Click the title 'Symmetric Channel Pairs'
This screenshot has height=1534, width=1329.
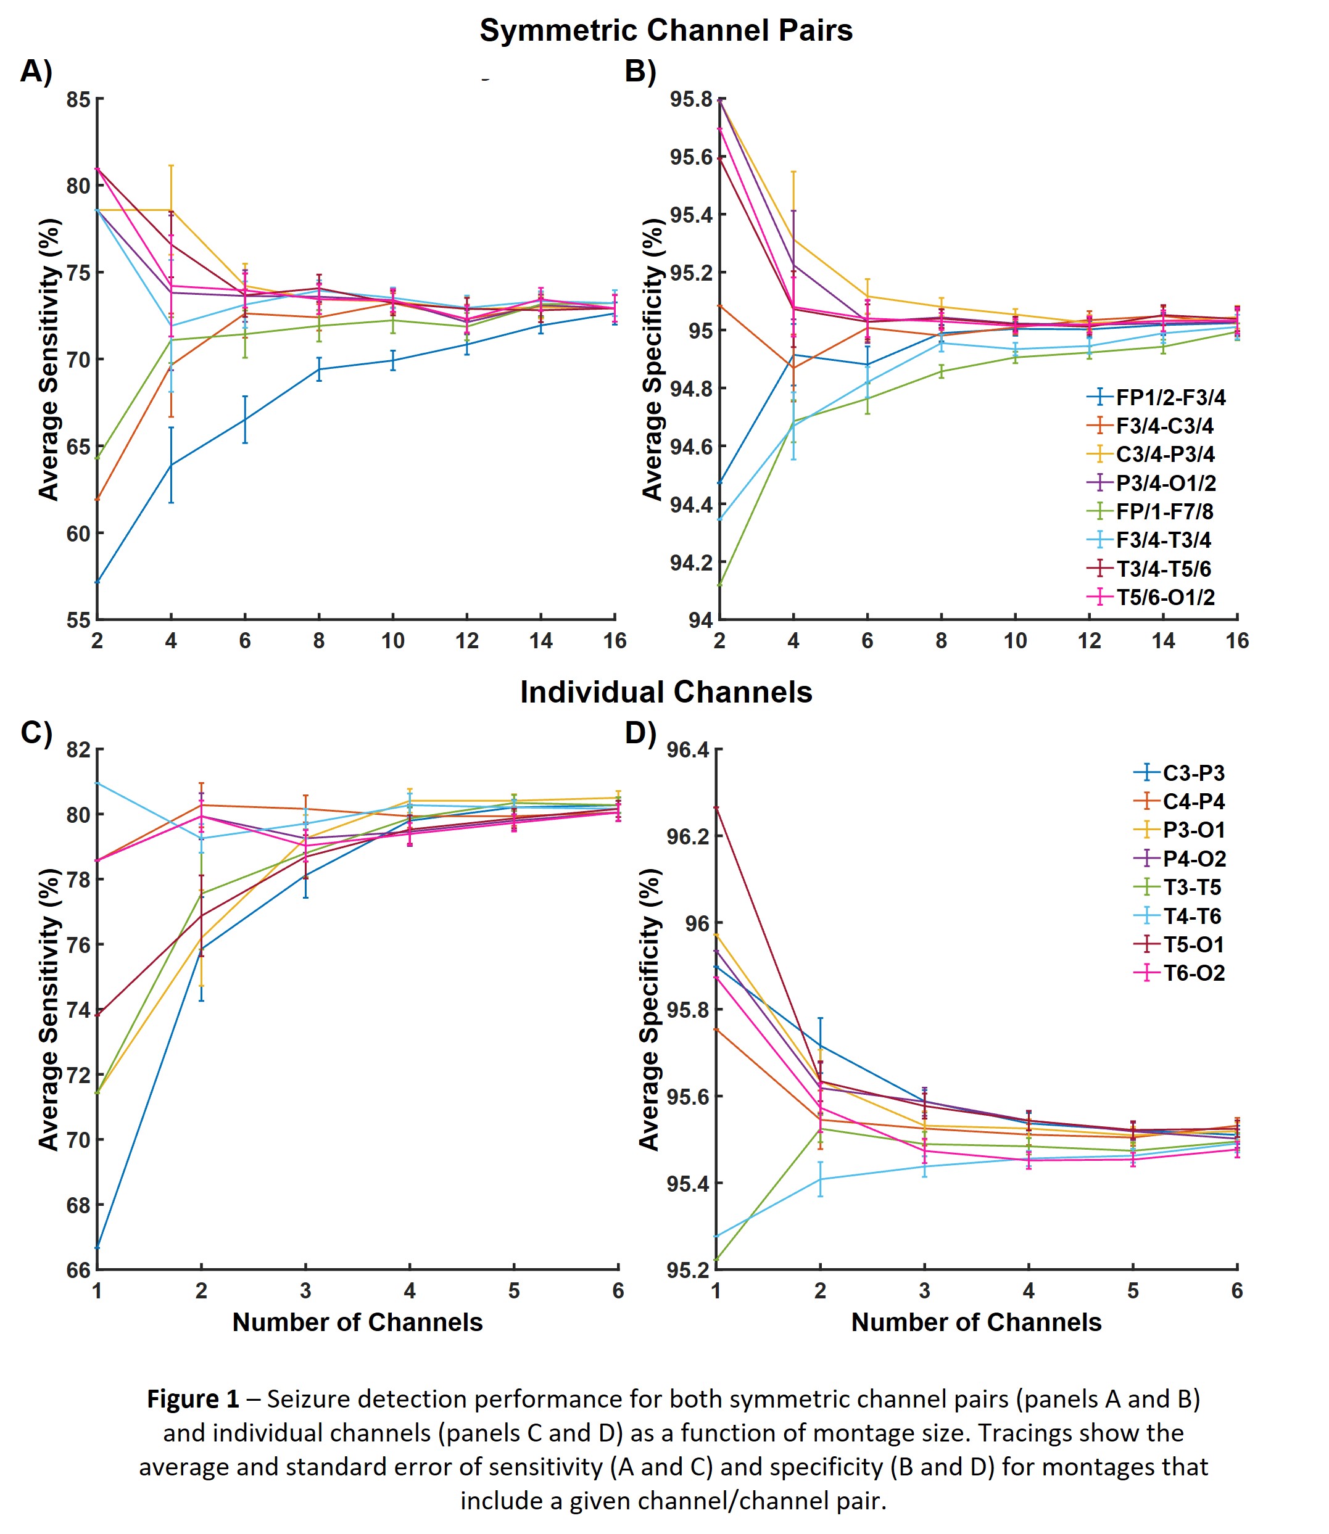coord(665,30)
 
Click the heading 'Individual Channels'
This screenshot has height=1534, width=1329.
coord(665,691)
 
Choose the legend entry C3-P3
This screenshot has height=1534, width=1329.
coord(1193,773)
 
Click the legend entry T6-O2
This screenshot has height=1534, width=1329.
coord(1193,973)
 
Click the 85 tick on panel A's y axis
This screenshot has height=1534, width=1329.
coord(78,99)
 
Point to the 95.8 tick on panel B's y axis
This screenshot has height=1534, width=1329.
coord(690,99)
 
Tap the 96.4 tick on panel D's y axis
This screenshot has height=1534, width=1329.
coord(687,749)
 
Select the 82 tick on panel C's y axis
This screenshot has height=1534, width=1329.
coord(78,749)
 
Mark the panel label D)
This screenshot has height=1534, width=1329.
coord(640,733)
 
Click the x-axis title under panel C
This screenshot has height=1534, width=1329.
coord(357,1322)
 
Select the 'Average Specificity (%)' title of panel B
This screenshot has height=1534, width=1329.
coord(652,360)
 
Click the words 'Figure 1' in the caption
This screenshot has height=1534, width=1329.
coord(193,1399)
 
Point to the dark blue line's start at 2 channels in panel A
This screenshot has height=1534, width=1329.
coord(97,582)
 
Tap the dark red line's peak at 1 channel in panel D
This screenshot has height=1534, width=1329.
coord(716,807)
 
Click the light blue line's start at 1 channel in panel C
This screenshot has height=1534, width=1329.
coord(97,783)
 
